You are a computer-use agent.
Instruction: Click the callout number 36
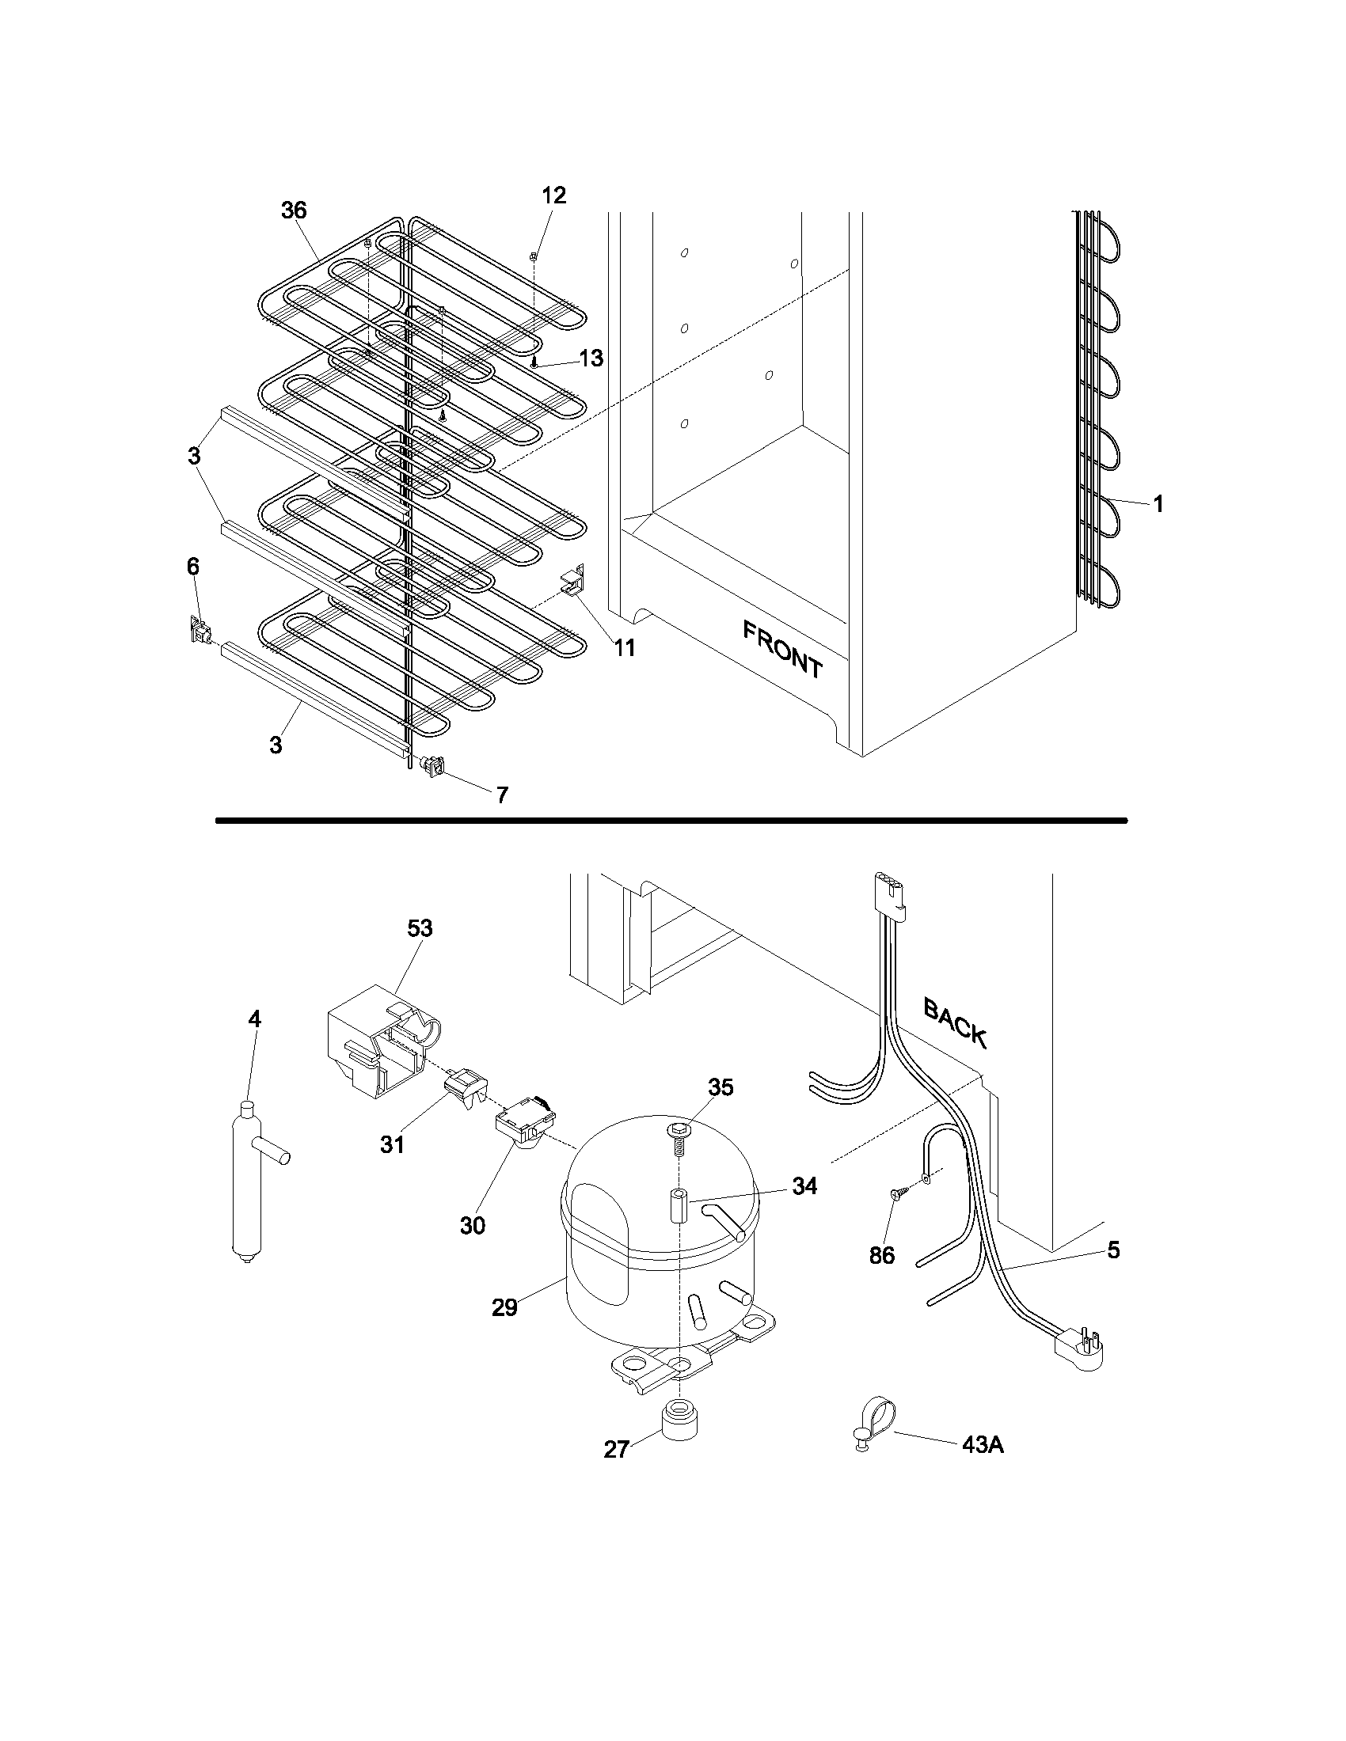294,211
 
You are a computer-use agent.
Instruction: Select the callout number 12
553,195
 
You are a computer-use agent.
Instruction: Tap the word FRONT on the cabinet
782,650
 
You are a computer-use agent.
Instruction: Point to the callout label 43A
982,1444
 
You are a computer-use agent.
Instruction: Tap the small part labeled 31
469,1089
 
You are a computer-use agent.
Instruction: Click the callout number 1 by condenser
1158,503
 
